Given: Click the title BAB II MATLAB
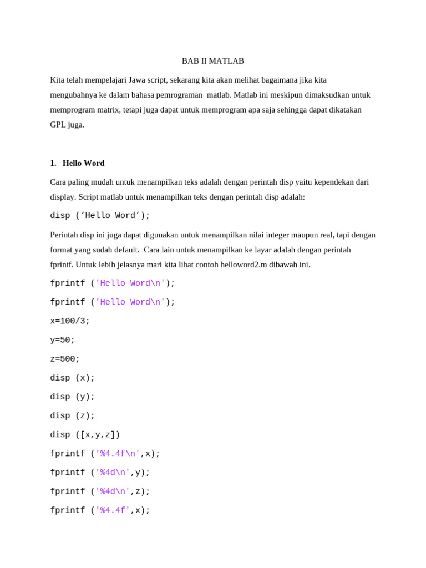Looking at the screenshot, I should [x=213, y=61].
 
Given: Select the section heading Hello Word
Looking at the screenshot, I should [x=83, y=163].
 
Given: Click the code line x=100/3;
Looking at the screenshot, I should [x=70, y=321].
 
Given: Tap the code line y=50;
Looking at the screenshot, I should [x=62, y=340].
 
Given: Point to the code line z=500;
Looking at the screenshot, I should [x=65, y=359].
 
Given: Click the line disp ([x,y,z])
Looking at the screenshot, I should [x=85, y=435].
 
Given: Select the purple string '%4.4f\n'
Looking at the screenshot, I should [x=118, y=454].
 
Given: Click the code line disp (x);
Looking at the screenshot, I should [x=73, y=378].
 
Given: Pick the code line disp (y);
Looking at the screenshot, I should [x=73, y=397].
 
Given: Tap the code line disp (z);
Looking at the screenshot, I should [x=73, y=415].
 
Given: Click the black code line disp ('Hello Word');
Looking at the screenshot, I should [x=100, y=216].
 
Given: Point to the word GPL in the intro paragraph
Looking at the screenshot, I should [x=58, y=125].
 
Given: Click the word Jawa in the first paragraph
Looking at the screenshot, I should [x=137, y=80].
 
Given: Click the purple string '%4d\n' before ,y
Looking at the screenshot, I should [x=113, y=473].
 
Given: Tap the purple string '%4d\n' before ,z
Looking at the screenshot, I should [x=113, y=491].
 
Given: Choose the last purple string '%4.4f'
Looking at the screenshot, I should [x=113, y=510].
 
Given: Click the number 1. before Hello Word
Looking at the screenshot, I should [x=53, y=163].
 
